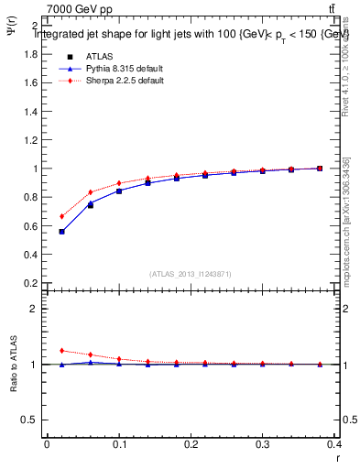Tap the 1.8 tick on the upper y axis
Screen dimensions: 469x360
pos(31,54)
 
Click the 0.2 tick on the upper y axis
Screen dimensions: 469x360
pos(31,284)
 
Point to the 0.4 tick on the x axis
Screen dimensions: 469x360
pos(334,444)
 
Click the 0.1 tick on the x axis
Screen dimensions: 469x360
pos(119,444)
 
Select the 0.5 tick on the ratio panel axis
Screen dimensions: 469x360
pos(31,420)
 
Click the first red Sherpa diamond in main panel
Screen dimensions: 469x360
pos(61,216)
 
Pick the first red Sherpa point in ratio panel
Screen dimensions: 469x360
pos(61,351)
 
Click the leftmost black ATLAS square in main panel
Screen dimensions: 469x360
pos(61,232)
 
